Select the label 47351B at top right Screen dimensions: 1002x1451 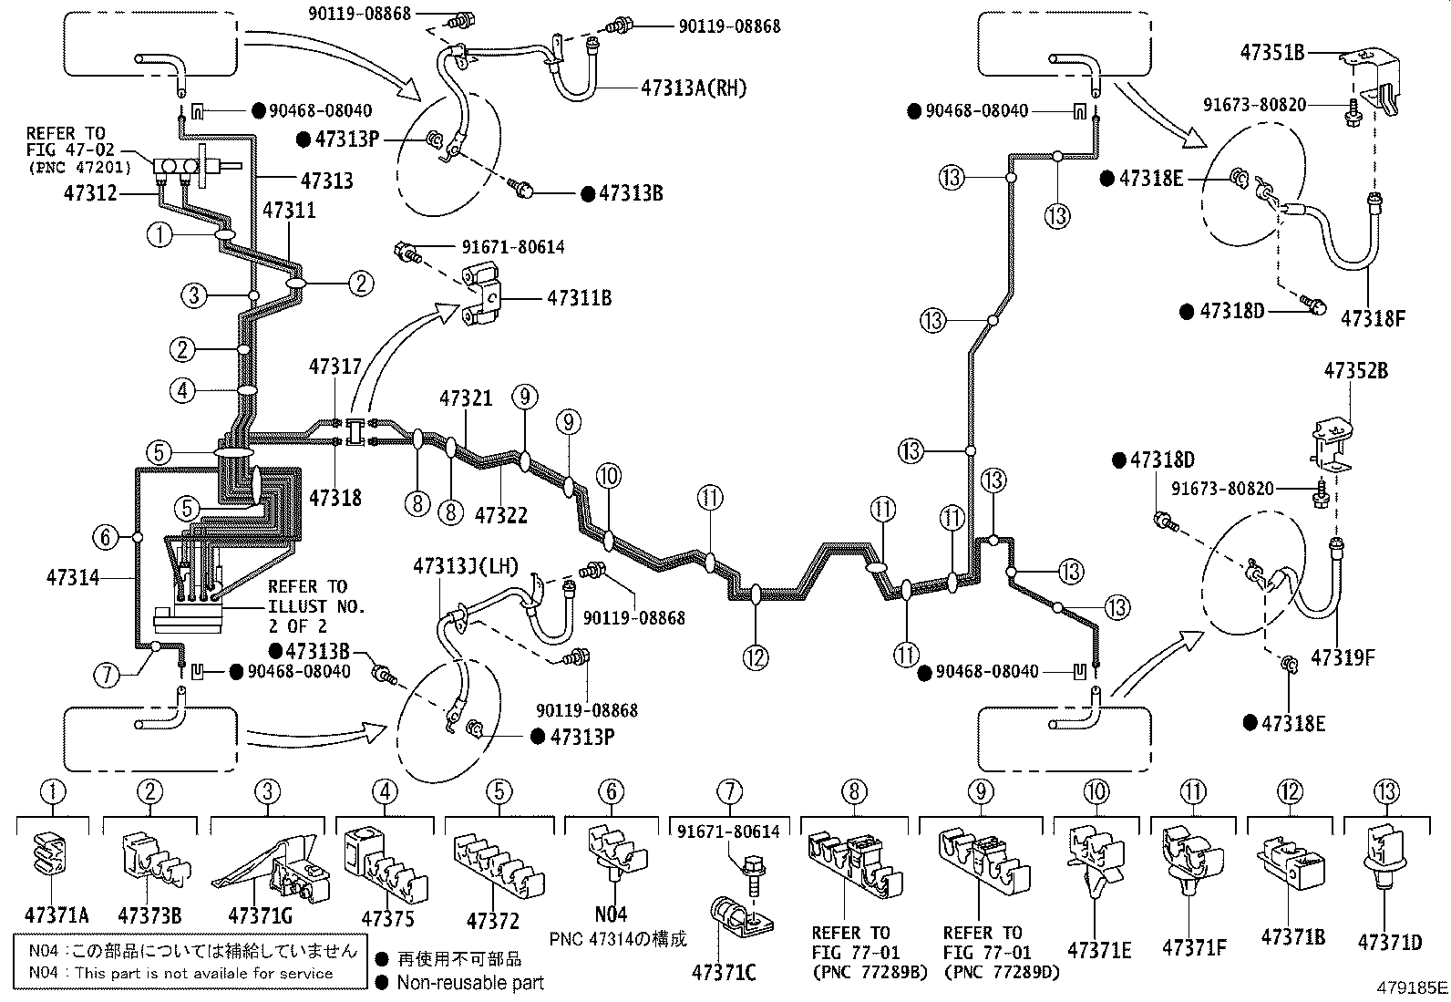1272,52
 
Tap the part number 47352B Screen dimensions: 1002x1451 1356,371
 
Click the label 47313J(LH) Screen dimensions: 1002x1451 465,567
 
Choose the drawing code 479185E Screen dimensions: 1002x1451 1412,987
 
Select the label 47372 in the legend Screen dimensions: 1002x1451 493,922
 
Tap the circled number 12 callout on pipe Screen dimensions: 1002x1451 756,656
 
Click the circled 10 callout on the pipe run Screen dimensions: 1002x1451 609,475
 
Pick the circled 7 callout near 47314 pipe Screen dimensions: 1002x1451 106,676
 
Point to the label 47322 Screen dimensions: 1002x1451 500,514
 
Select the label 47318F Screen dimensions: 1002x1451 1374,319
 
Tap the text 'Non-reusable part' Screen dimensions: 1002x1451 470,983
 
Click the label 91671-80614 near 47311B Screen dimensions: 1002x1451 512,247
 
